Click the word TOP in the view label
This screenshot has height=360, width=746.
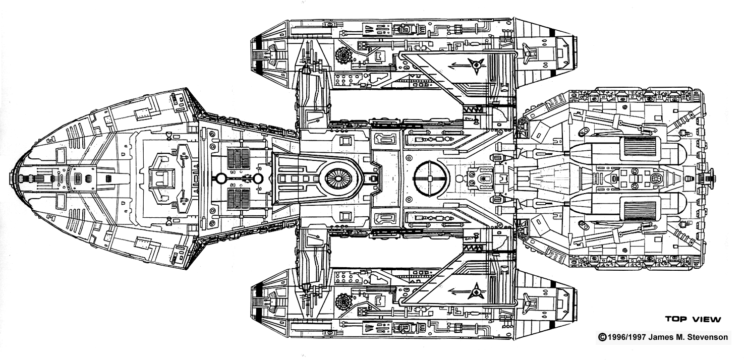pos(676,319)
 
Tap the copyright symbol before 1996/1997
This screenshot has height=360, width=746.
pos(601,337)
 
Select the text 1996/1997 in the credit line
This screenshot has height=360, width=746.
pos(625,337)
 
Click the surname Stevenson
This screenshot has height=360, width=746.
pos(708,337)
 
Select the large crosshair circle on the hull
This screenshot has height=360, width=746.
pos(431,178)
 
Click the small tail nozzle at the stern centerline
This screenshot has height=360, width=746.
pos(712,178)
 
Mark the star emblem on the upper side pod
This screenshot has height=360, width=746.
pos(476,64)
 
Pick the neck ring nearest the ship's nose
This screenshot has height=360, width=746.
pos(220,178)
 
